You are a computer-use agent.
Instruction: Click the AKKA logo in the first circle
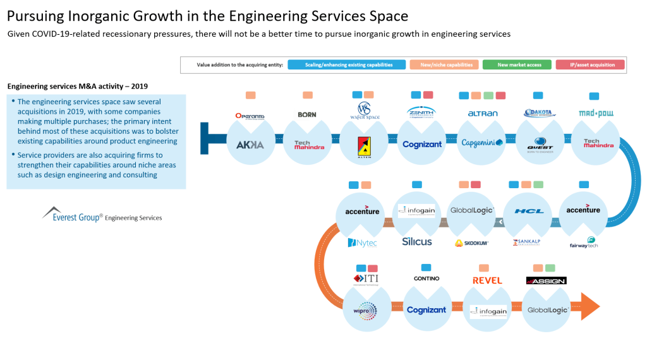(250, 145)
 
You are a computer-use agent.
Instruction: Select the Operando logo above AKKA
(250, 116)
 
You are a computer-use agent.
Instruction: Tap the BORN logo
(307, 115)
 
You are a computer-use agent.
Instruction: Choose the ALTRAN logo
(482, 114)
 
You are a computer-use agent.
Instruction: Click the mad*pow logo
(596, 114)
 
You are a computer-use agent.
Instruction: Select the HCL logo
(528, 211)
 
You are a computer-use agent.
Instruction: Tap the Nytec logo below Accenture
(362, 243)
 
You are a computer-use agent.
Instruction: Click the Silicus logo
(416, 242)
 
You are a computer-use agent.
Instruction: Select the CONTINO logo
(426, 279)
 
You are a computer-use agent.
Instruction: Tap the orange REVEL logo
(487, 280)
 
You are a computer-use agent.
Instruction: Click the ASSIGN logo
(546, 280)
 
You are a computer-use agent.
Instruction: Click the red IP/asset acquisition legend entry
(590, 64)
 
